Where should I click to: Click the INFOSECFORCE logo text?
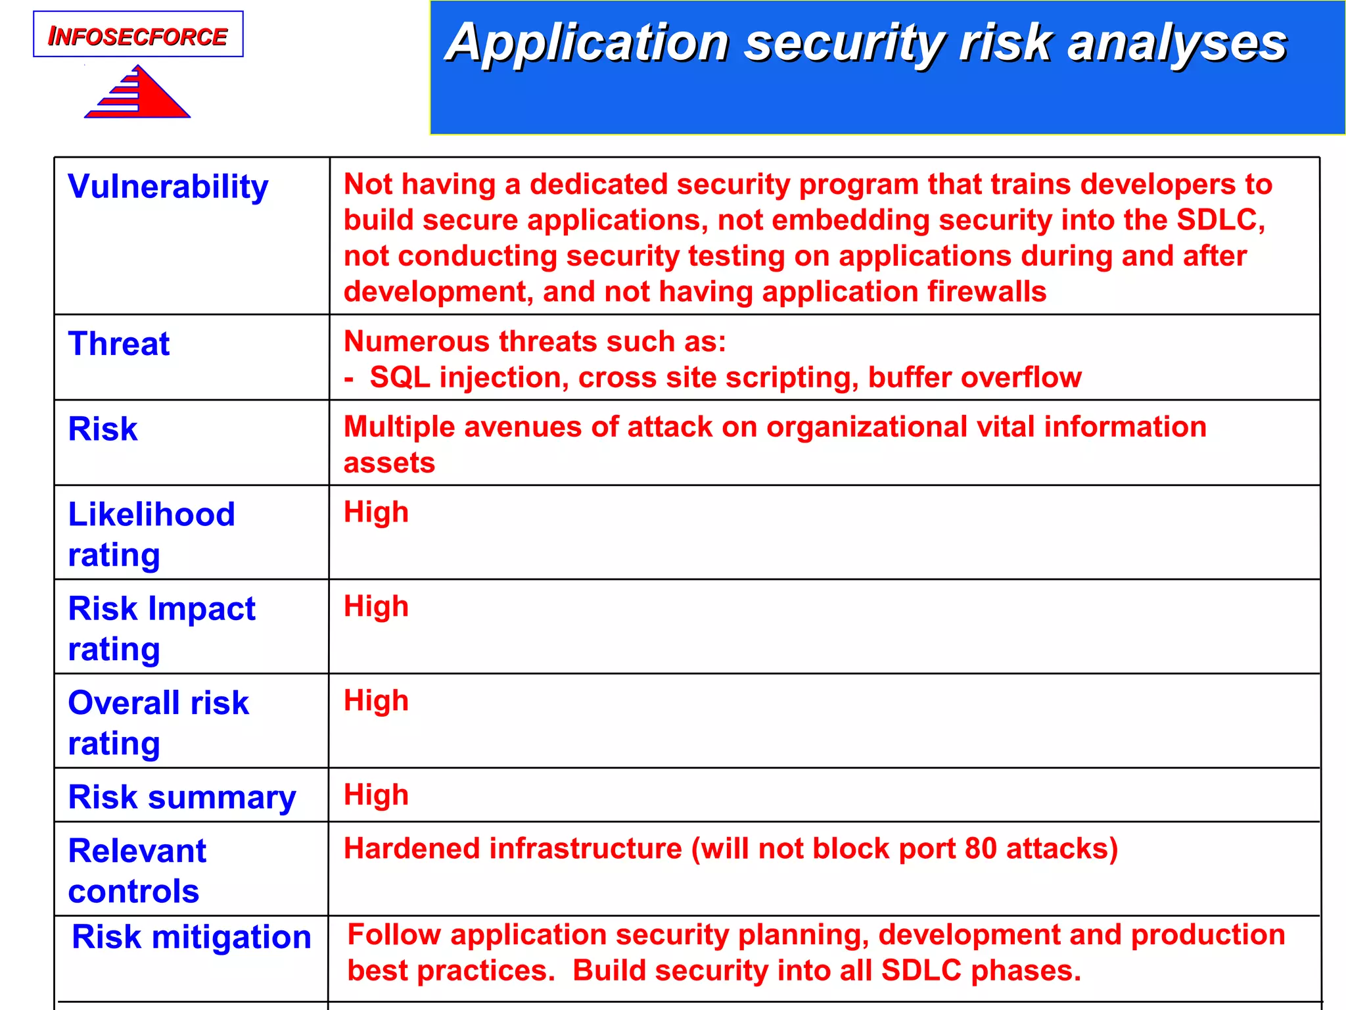pos(137,36)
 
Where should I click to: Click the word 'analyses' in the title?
pos(1176,43)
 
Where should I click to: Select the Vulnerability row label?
pos(168,187)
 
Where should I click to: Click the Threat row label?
pos(119,344)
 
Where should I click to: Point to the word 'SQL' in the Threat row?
pos(400,377)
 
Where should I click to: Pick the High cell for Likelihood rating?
pos(376,512)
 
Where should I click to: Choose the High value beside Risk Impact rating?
pos(376,606)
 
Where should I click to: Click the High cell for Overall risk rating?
pos(376,700)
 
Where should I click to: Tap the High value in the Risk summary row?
pos(376,794)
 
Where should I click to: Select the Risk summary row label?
pos(181,798)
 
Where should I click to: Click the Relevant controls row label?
pos(137,870)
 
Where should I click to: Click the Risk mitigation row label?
pos(191,936)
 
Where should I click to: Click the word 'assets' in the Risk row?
pos(389,463)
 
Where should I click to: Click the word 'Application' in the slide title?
pos(588,43)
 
